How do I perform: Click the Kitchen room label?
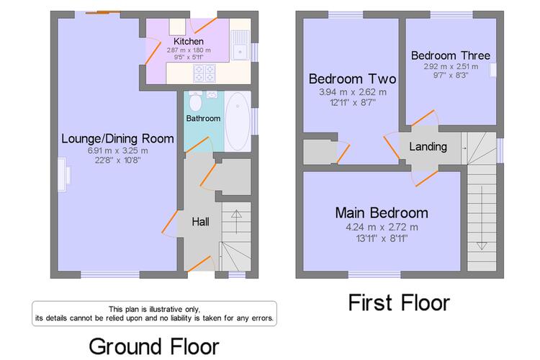tap(189, 41)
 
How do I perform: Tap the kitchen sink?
tap(240, 45)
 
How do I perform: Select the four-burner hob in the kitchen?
tap(204, 73)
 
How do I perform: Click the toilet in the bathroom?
tap(196, 101)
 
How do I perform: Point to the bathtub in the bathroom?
tap(238, 121)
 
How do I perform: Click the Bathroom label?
tap(203, 119)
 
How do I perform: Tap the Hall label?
tap(200, 222)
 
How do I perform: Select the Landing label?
tap(428, 147)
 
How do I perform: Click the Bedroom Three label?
tap(451, 55)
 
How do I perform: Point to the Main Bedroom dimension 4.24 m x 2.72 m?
tap(382, 228)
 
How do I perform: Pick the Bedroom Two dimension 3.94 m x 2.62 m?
tap(353, 92)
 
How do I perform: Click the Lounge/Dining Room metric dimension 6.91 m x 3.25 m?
tap(118, 150)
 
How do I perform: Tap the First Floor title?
tap(399, 303)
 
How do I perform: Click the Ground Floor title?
tap(154, 346)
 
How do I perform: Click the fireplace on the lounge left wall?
tap(63, 174)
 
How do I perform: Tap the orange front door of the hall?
tap(198, 264)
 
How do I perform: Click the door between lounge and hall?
tap(170, 223)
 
